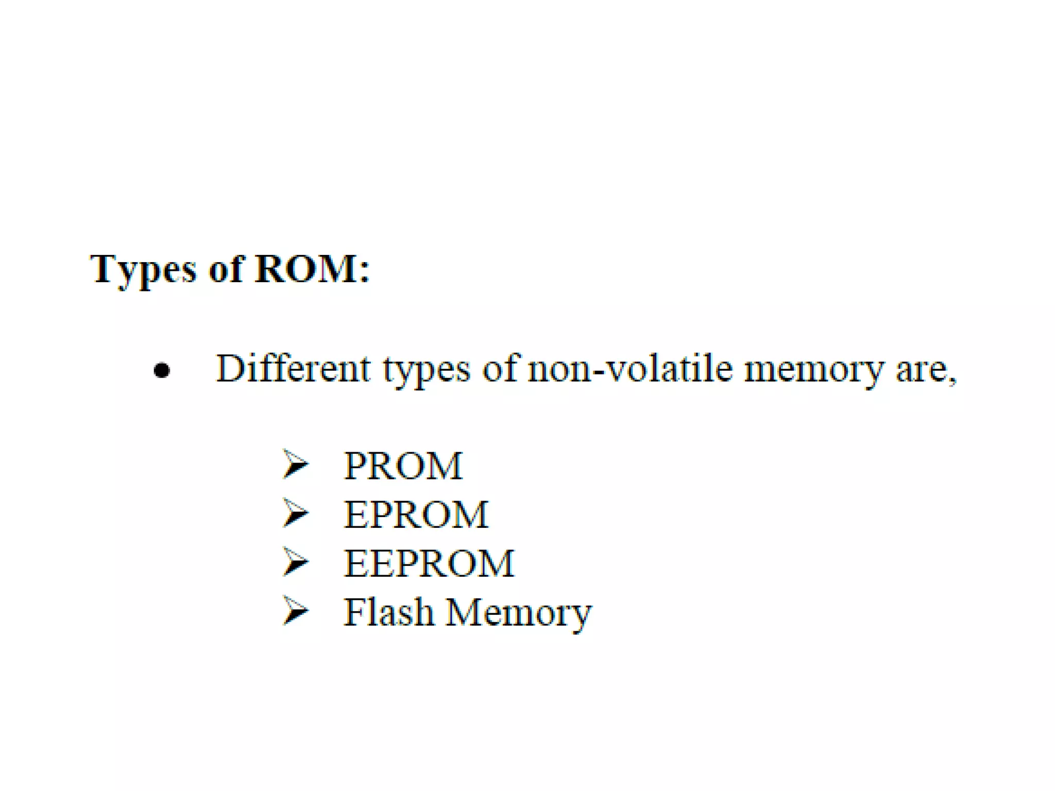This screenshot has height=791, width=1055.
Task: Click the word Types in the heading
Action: tap(143, 270)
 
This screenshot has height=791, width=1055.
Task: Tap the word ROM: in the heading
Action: tap(312, 269)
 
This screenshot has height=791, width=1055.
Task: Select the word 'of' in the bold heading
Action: tap(226, 269)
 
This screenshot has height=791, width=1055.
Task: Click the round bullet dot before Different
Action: tap(162, 370)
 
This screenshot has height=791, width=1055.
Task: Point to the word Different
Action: tap(293, 368)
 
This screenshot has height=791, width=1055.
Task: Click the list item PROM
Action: tap(403, 466)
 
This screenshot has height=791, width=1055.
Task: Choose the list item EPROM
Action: tap(416, 514)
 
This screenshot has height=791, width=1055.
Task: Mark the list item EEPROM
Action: tap(429, 563)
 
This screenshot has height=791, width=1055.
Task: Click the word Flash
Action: tap(388, 612)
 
